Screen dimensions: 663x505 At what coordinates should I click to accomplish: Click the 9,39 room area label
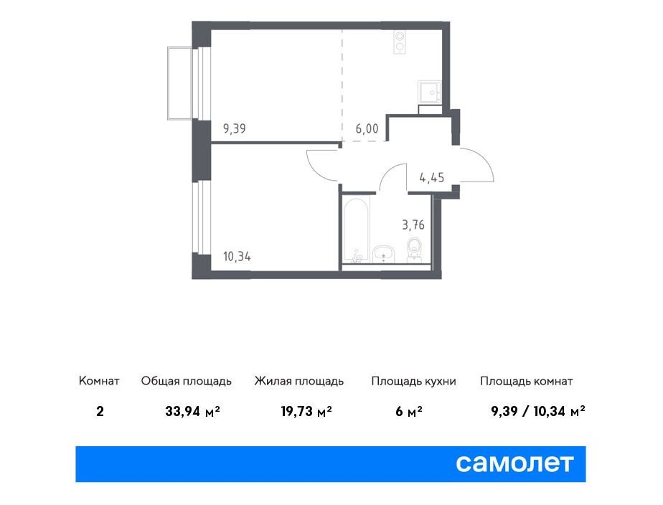click(x=234, y=128)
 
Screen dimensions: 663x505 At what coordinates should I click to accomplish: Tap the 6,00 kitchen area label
click(x=367, y=128)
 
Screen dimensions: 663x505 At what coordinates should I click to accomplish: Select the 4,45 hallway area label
click(x=432, y=177)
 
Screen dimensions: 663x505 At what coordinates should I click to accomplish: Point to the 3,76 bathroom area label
click(x=413, y=225)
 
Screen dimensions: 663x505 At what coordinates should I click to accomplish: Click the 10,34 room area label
click(x=237, y=257)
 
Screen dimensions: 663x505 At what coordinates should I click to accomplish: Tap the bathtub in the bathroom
click(x=357, y=229)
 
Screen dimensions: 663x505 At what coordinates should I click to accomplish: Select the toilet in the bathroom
click(x=413, y=250)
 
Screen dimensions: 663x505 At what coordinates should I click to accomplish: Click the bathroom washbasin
click(x=383, y=254)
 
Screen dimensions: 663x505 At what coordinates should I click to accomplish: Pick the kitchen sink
click(x=430, y=92)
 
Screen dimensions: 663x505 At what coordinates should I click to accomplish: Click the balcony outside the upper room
click(x=180, y=83)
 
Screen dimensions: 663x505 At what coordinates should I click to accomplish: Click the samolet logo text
click(x=514, y=463)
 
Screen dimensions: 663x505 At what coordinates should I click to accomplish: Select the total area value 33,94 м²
click(x=192, y=411)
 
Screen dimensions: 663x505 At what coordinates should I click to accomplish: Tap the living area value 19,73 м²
click(x=306, y=411)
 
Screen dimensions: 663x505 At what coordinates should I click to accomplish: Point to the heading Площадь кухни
click(x=413, y=381)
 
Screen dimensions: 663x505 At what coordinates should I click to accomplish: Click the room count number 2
click(x=100, y=411)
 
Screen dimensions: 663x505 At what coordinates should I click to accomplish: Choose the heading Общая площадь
click(x=187, y=381)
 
